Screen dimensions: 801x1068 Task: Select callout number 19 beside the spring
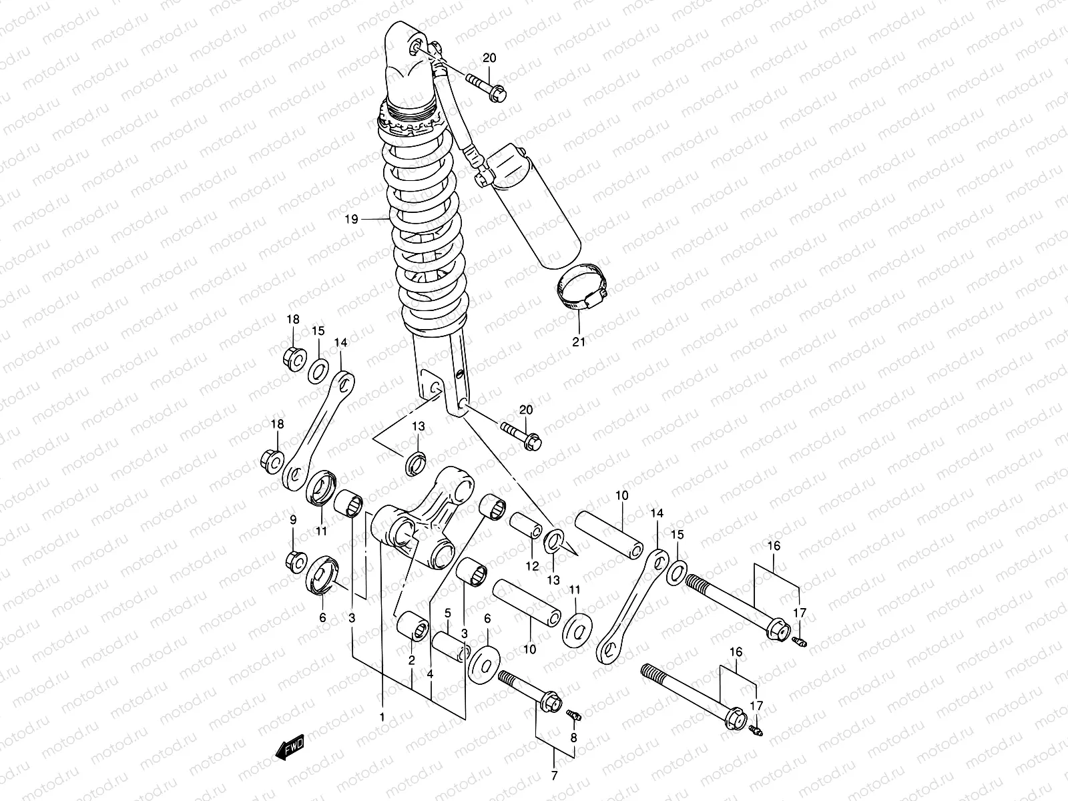[x=352, y=218]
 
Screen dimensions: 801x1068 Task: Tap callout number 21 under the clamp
[x=578, y=342]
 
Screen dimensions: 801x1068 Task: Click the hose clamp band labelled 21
[x=581, y=290]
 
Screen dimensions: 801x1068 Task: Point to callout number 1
[x=382, y=717]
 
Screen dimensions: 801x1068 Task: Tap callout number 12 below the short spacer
[x=531, y=566]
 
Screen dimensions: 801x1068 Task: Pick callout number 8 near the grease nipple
[x=573, y=738]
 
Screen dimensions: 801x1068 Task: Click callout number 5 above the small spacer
[x=448, y=613]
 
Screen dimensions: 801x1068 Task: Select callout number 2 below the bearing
[x=412, y=660]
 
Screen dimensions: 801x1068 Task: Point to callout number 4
[x=431, y=674]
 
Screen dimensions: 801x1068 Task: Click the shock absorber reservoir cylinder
[x=534, y=214]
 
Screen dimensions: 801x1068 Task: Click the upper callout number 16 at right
[x=773, y=546]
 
